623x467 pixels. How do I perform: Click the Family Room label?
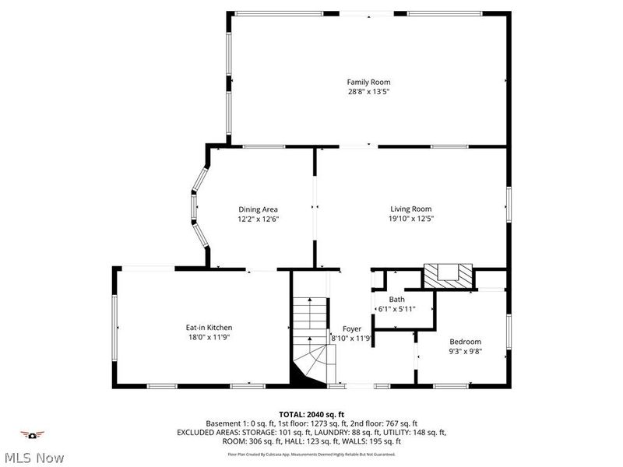368,82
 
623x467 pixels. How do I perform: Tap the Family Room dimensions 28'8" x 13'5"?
368,92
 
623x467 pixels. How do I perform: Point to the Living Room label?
410,209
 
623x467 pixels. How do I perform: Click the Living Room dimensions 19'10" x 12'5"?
410,219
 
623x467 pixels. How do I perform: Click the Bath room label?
397,299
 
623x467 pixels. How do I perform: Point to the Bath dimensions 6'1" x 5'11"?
397,309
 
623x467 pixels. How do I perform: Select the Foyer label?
352,328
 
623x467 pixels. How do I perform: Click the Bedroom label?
465,342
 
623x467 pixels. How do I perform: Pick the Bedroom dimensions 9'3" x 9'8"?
465,352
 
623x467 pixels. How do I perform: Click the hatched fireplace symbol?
448,276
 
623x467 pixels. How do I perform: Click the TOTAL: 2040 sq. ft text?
311,414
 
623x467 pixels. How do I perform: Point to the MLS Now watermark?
33,458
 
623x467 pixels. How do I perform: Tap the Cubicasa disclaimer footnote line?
311,454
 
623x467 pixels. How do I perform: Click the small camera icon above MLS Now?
32,434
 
